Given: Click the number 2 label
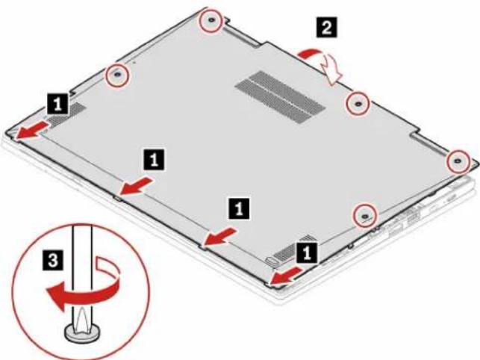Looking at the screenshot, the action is (327, 28).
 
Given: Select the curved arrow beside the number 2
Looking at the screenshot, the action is (325, 65).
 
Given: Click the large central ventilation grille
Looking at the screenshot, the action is (279, 97).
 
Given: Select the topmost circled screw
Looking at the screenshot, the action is (211, 20).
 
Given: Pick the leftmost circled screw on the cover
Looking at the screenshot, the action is (117, 75).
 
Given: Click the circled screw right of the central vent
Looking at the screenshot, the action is (358, 104).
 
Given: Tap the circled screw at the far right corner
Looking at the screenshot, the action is (458, 161).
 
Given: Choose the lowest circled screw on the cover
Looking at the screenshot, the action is (364, 216).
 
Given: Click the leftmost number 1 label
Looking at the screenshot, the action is (58, 105).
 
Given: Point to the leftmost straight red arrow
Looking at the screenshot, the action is (32, 130).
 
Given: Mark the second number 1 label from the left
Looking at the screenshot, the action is (154, 160).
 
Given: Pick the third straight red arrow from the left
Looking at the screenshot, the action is (220, 236).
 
